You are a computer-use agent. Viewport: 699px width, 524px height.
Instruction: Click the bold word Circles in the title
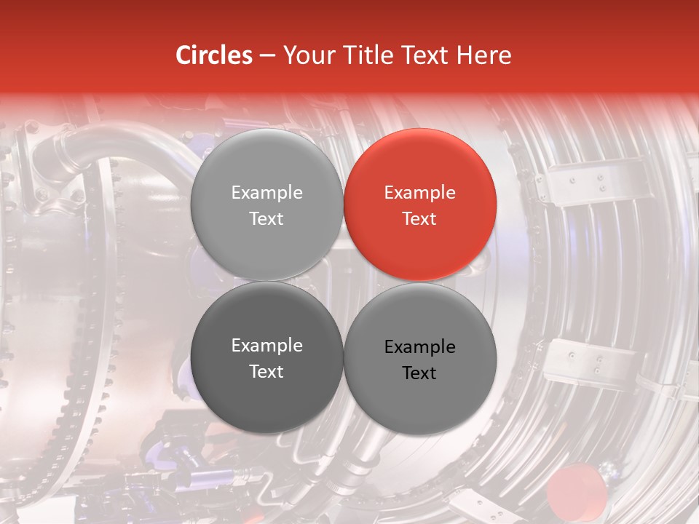213,55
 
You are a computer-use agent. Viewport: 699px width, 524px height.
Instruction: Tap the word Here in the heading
484,55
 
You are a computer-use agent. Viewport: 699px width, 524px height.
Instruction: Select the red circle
420,205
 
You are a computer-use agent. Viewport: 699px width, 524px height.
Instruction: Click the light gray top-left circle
266,205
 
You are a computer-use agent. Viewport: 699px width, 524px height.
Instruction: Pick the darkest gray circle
266,358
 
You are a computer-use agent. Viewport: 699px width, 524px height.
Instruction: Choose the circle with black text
420,360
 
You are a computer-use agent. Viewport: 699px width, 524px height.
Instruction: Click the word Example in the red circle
420,193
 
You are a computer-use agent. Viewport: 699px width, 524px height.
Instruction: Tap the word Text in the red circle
420,219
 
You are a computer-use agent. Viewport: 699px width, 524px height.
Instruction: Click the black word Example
420,347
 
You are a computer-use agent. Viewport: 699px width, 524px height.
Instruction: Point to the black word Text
420,373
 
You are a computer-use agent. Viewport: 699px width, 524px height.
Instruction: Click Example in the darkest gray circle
266,346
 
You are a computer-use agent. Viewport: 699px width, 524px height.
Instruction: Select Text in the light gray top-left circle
266,219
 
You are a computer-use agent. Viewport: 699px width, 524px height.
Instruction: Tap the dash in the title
267,55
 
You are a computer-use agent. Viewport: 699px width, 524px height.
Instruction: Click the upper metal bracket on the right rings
582,182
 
